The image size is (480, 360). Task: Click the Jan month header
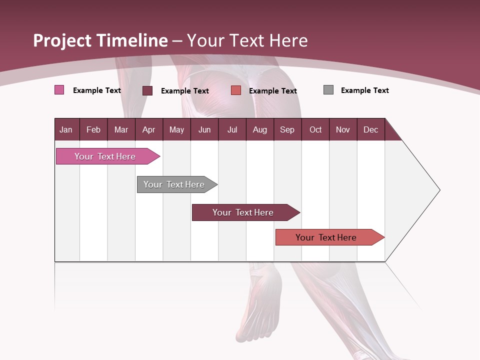click(x=66, y=129)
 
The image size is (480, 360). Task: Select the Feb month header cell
click(x=93, y=129)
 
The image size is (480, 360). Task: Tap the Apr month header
click(x=148, y=129)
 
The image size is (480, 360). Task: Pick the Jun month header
click(x=204, y=129)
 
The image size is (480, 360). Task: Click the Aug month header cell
click(x=259, y=129)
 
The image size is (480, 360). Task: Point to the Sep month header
click(x=287, y=129)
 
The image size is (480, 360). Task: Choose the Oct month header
click(x=315, y=129)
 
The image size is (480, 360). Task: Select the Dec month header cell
click(x=370, y=129)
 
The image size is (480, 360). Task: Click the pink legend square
click(x=59, y=90)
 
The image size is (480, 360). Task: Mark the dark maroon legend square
click(x=147, y=90)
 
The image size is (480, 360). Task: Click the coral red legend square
click(x=236, y=90)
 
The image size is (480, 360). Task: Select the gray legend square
click(x=328, y=90)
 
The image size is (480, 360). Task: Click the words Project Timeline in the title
click(x=100, y=40)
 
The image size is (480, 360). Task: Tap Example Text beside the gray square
click(x=364, y=90)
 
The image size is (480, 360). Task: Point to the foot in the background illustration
click(x=260, y=305)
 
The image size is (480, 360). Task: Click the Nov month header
click(x=343, y=129)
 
